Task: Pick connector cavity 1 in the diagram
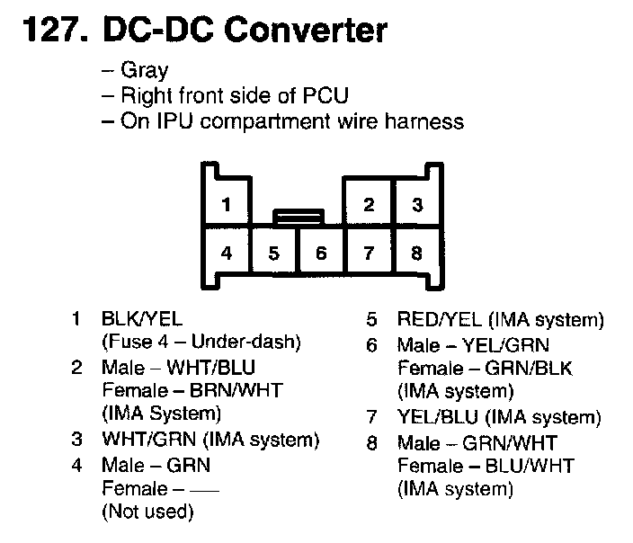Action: pyautogui.click(x=227, y=205)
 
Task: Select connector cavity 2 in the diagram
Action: pyautogui.click(x=369, y=205)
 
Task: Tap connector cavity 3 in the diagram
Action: pyautogui.click(x=416, y=205)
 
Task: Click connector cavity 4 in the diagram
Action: pyautogui.click(x=227, y=254)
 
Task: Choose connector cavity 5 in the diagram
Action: pyautogui.click(x=274, y=254)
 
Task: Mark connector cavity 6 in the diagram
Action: pyautogui.click(x=321, y=254)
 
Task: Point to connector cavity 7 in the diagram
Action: pyautogui.click(x=369, y=254)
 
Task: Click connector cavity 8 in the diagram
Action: pyautogui.click(x=416, y=254)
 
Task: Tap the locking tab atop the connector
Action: pyautogui.click(x=298, y=216)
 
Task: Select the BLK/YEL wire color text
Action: pyautogui.click(x=143, y=319)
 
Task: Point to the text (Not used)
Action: pyautogui.click(x=147, y=512)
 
